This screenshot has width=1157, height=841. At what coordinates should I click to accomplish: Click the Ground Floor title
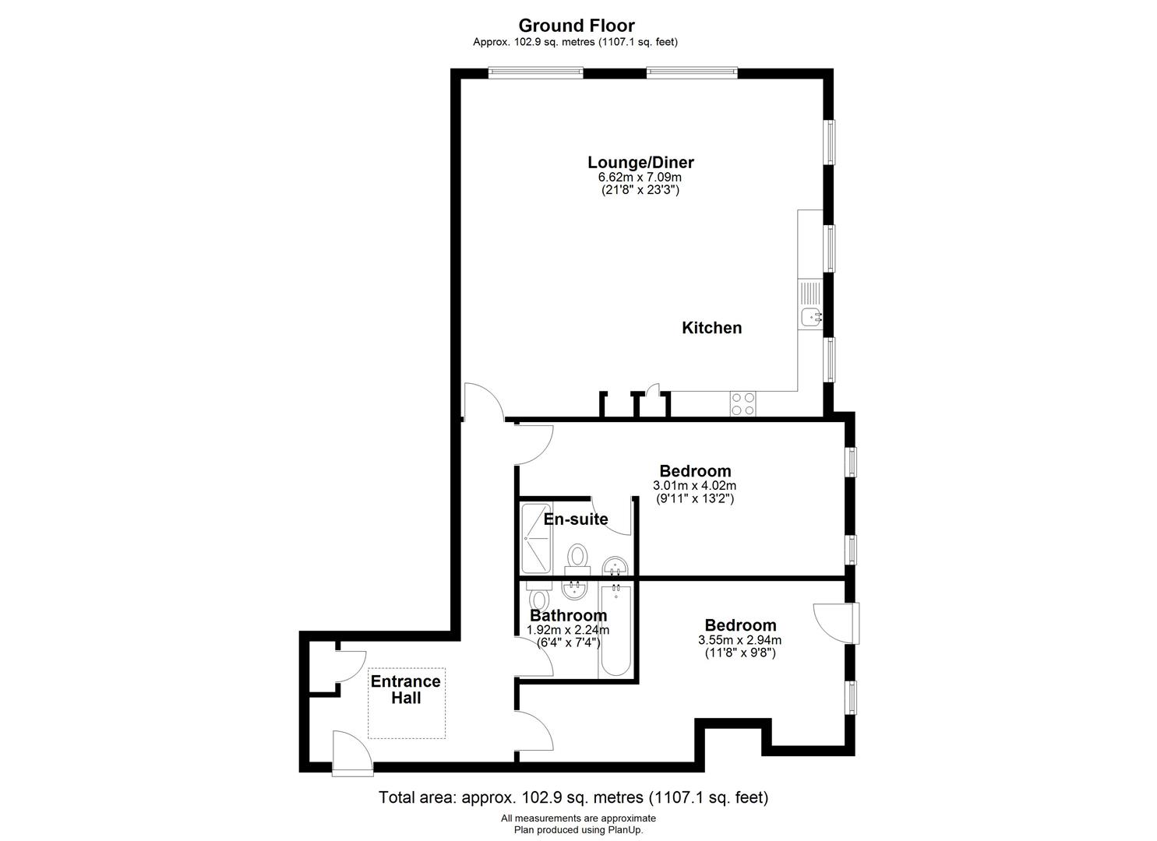[577, 25]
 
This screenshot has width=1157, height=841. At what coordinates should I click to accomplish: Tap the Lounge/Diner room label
[640, 162]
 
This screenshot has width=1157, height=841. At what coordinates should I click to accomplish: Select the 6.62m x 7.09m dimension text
[640, 177]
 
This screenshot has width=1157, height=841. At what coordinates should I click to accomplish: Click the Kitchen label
[712, 328]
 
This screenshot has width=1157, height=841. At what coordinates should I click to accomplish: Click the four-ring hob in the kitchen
[743, 404]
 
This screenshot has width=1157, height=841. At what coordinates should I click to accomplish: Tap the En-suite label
[576, 519]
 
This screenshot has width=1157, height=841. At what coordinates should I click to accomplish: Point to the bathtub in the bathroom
[616, 630]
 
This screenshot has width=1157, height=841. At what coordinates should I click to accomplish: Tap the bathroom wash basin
[574, 589]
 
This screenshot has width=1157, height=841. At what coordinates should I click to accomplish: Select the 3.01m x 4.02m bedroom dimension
[695, 486]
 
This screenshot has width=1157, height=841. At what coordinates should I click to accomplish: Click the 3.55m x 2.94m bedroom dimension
[739, 640]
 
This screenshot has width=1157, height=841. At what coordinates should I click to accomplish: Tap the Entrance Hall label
[405, 690]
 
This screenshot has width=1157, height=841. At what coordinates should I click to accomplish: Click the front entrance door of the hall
[352, 753]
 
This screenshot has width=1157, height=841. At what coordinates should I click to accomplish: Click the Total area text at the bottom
[573, 797]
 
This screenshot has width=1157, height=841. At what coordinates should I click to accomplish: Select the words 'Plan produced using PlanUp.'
[578, 830]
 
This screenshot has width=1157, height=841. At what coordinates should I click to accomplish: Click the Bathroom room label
[568, 615]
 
